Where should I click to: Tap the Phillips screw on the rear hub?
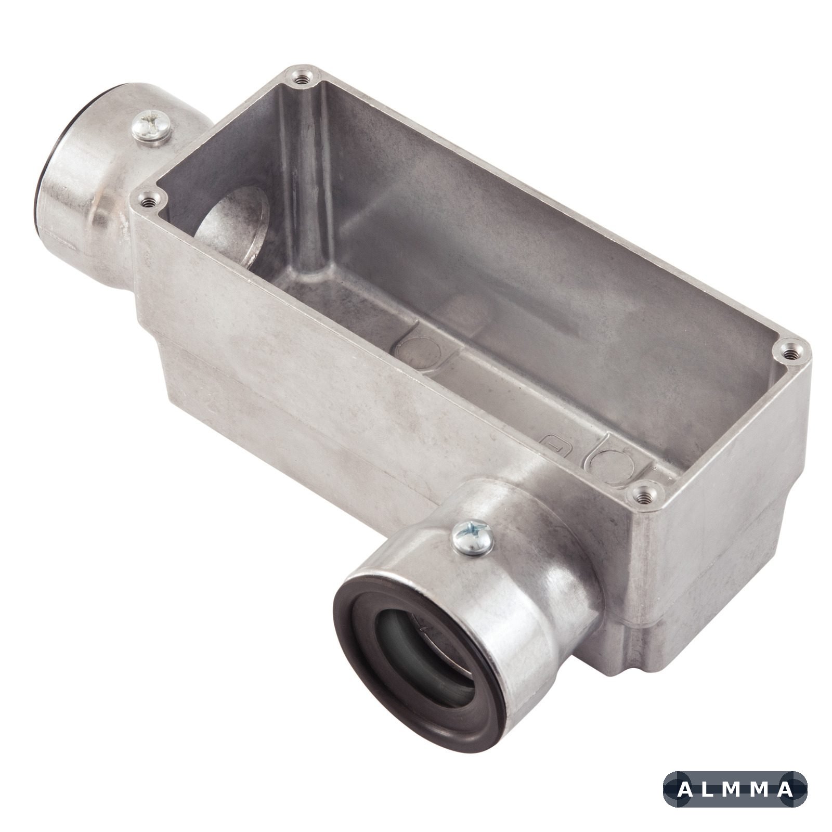[x=151, y=126]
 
